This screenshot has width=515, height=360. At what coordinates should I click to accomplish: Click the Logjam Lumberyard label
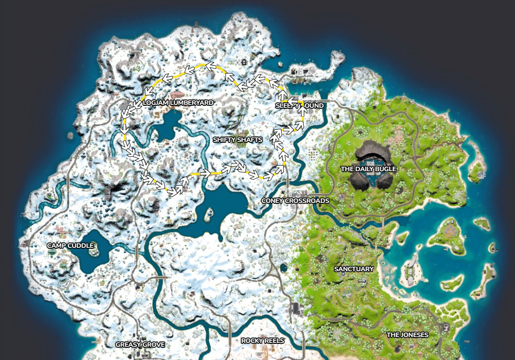pyautogui.click(x=179, y=103)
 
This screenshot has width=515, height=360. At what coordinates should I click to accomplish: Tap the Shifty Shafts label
pyautogui.click(x=238, y=140)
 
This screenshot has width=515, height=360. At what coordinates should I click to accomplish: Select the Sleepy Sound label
pyautogui.click(x=300, y=106)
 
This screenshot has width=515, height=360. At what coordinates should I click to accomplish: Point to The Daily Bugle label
pyautogui.click(x=369, y=169)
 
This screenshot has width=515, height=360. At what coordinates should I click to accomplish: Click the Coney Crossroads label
pyautogui.click(x=295, y=200)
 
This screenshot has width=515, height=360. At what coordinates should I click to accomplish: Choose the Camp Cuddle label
pyautogui.click(x=70, y=245)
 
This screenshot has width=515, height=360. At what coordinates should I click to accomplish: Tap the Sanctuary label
pyautogui.click(x=354, y=269)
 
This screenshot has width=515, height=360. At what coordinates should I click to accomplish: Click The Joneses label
pyautogui.click(x=408, y=335)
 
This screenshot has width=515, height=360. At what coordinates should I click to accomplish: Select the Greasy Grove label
pyautogui.click(x=140, y=344)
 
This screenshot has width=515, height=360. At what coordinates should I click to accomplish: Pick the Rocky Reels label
pyautogui.click(x=263, y=340)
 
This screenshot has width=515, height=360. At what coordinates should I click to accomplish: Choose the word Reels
pyautogui.click(x=274, y=340)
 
